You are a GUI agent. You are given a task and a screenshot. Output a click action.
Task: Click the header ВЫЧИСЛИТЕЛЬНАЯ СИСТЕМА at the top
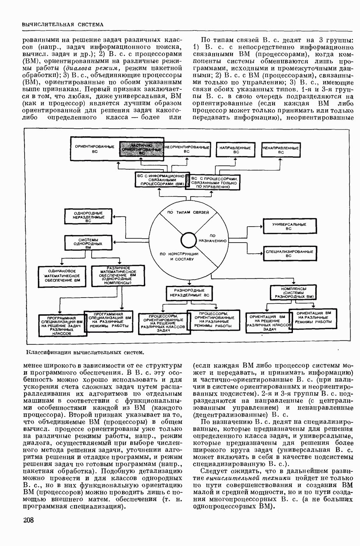62,24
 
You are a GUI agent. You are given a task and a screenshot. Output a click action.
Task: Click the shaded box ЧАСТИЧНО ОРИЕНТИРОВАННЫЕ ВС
141,149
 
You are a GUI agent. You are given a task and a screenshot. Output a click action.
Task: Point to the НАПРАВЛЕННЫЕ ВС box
235,150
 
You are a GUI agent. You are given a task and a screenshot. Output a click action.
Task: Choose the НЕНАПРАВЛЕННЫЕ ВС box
281,150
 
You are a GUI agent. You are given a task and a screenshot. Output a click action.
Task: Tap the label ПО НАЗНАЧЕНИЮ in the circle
213,238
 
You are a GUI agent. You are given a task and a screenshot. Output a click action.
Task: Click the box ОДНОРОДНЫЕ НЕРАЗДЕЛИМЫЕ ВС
88,217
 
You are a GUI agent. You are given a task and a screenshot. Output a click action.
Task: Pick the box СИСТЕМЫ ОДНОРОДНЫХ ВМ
88,243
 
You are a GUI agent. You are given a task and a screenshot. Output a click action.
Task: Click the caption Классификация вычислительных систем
85,353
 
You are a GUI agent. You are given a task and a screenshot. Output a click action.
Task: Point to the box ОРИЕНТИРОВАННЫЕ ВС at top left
95,149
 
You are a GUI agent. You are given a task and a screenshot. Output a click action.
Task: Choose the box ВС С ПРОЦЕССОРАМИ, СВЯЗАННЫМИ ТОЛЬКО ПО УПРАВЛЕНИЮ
213,182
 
